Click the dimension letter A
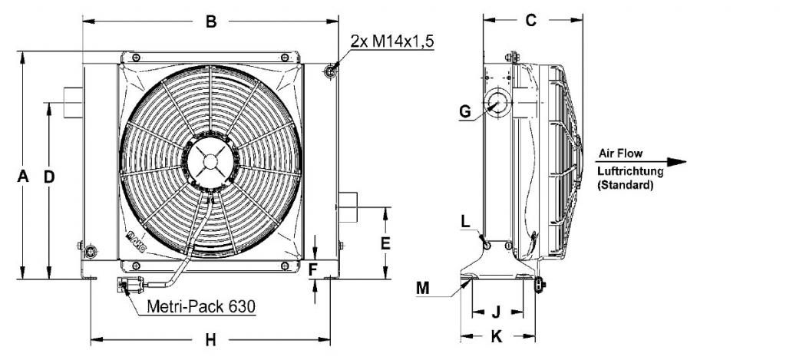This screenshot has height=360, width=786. pyautogui.click(x=23, y=177)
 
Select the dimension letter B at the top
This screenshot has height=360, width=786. pyautogui.click(x=211, y=21)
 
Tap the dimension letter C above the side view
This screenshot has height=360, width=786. pyautogui.click(x=531, y=20)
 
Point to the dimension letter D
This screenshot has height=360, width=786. pyautogui.click(x=49, y=177)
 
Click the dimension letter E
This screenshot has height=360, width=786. pyautogui.click(x=385, y=243)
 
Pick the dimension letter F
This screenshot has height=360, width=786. pyautogui.click(x=313, y=270)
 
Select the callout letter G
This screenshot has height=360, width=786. pyautogui.click(x=465, y=112)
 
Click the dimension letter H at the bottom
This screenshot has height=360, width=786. pyautogui.click(x=211, y=340)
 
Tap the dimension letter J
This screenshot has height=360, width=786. pyautogui.click(x=496, y=312)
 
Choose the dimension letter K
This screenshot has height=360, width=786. pyautogui.click(x=497, y=336)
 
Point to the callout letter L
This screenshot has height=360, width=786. pyautogui.click(x=466, y=222)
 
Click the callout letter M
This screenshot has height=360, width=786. pyautogui.click(x=423, y=288)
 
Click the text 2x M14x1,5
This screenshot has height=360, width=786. pyautogui.click(x=392, y=41)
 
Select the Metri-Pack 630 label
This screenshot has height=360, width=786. pyautogui.click(x=201, y=306)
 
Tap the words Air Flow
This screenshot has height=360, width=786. pyautogui.click(x=620, y=154)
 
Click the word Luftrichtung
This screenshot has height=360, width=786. pyautogui.click(x=631, y=171)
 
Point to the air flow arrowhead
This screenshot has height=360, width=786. pyautogui.click(x=677, y=162)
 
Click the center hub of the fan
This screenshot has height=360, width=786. pyautogui.click(x=210, y=161)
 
